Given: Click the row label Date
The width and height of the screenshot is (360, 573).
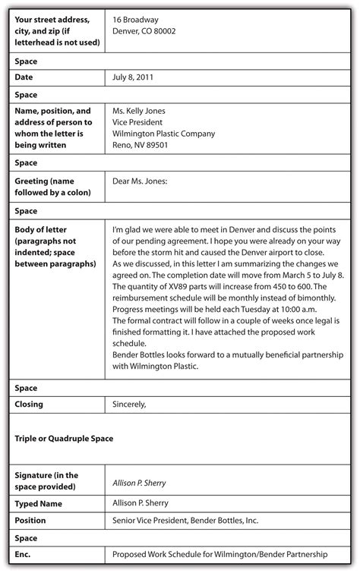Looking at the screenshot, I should point(25,77).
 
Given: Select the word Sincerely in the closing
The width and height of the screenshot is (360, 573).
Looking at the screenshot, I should point(129,405).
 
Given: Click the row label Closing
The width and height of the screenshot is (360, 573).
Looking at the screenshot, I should point(30,405).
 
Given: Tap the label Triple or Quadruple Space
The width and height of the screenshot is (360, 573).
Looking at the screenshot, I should point(65,439).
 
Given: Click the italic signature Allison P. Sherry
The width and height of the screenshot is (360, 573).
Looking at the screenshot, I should point(139,483).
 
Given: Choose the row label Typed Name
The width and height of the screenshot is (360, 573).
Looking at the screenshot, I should point(39,502).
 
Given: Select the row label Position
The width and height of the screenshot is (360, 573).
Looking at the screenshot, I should point(30,521).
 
